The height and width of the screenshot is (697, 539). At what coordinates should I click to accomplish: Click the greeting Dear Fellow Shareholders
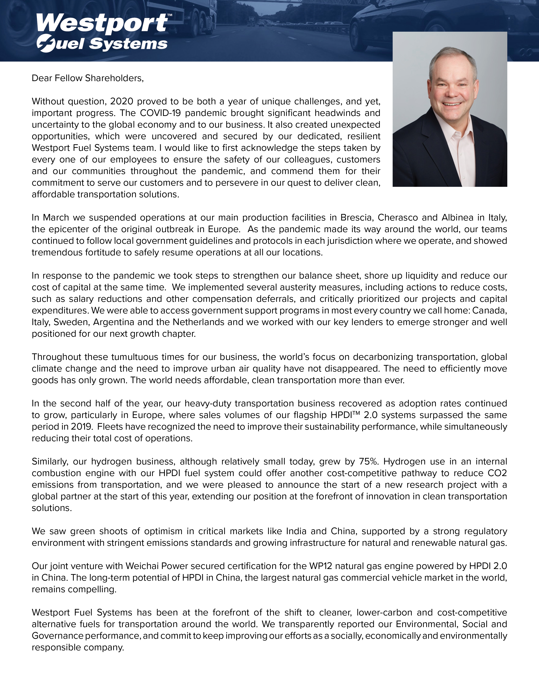click(88, 78)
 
